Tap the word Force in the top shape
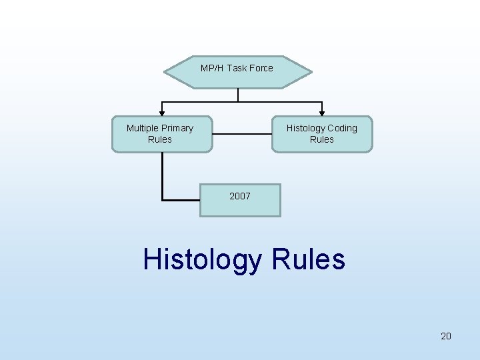(x=260, y=68)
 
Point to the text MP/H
(x=212, y=68)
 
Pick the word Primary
(x=178, y=128)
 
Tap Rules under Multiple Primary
(x=160, y=139)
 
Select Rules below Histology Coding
(x=322, y=139)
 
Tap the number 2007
(x=240, y=196)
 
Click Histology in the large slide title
(x=201, y=259)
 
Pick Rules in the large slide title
(x=309, y=259)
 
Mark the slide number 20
(x=446, y=336)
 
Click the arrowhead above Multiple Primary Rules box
(x=161, y=113)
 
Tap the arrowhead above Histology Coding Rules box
(x=323, y=113)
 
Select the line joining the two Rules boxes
(x=242, y=134)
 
